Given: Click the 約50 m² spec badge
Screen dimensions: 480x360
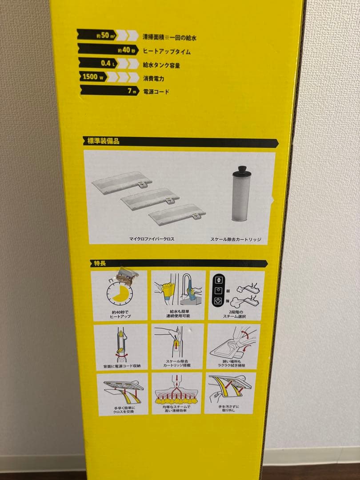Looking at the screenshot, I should point(102,36).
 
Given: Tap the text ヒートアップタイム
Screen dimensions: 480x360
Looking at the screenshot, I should point(167,52).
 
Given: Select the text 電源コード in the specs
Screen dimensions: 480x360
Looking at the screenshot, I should point(156,92).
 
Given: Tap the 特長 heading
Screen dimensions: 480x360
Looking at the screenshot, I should point(98,263).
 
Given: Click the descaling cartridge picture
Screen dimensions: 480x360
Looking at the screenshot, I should point(243,196).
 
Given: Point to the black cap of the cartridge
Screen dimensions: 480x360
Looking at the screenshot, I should point(243,170).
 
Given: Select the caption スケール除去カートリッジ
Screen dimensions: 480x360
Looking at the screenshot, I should point(236,239).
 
